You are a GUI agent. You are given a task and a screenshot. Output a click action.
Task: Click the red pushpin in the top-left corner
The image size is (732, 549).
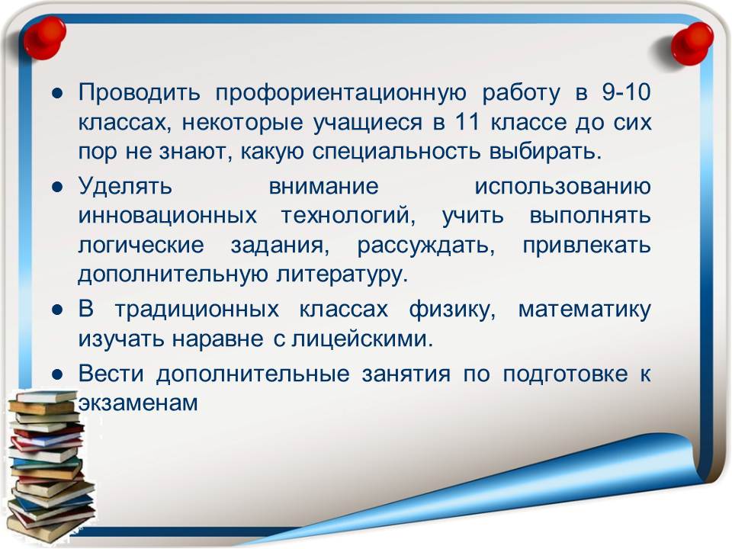44,38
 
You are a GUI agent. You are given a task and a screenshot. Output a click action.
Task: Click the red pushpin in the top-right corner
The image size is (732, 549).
692,43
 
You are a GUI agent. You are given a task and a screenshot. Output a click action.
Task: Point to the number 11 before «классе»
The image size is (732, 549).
467,122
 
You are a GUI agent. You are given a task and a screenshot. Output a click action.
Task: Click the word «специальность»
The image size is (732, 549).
396,152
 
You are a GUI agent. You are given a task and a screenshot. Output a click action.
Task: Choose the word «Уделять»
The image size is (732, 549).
125,187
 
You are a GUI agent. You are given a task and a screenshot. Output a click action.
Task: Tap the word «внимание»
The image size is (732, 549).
323,187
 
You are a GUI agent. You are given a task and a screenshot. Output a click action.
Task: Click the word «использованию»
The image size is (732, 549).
563,187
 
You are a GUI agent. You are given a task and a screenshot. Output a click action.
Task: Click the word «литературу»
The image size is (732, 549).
342,275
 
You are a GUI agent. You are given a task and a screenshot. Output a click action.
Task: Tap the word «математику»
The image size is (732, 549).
585,310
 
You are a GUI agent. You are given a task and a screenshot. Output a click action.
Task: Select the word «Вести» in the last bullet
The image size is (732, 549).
111,374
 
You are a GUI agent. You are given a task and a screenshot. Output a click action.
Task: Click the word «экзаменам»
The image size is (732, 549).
138,403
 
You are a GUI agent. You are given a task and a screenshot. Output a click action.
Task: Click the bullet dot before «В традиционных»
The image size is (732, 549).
57,310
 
